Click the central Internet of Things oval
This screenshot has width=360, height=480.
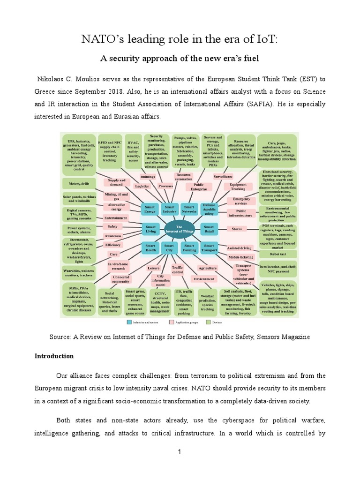tap(180, 228)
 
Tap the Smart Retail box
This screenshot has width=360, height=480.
tap(209, 228)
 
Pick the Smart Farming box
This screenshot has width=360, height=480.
tap(190, 247)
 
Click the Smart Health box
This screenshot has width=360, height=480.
tap(151, 247)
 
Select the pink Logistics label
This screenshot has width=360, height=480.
tap(142, 186)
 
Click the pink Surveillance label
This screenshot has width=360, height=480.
tap(223, 177)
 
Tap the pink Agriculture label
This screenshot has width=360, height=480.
tap(207, 268)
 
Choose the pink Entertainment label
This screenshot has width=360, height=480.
tap(115, 217)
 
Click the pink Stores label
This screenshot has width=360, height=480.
tap(237, 229)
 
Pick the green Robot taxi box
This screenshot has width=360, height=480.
tap(278, 254)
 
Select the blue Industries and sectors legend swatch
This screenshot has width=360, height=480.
tap(129, 323)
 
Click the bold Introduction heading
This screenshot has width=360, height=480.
tap(54, 356)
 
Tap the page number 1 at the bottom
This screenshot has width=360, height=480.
tap(180, 451)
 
